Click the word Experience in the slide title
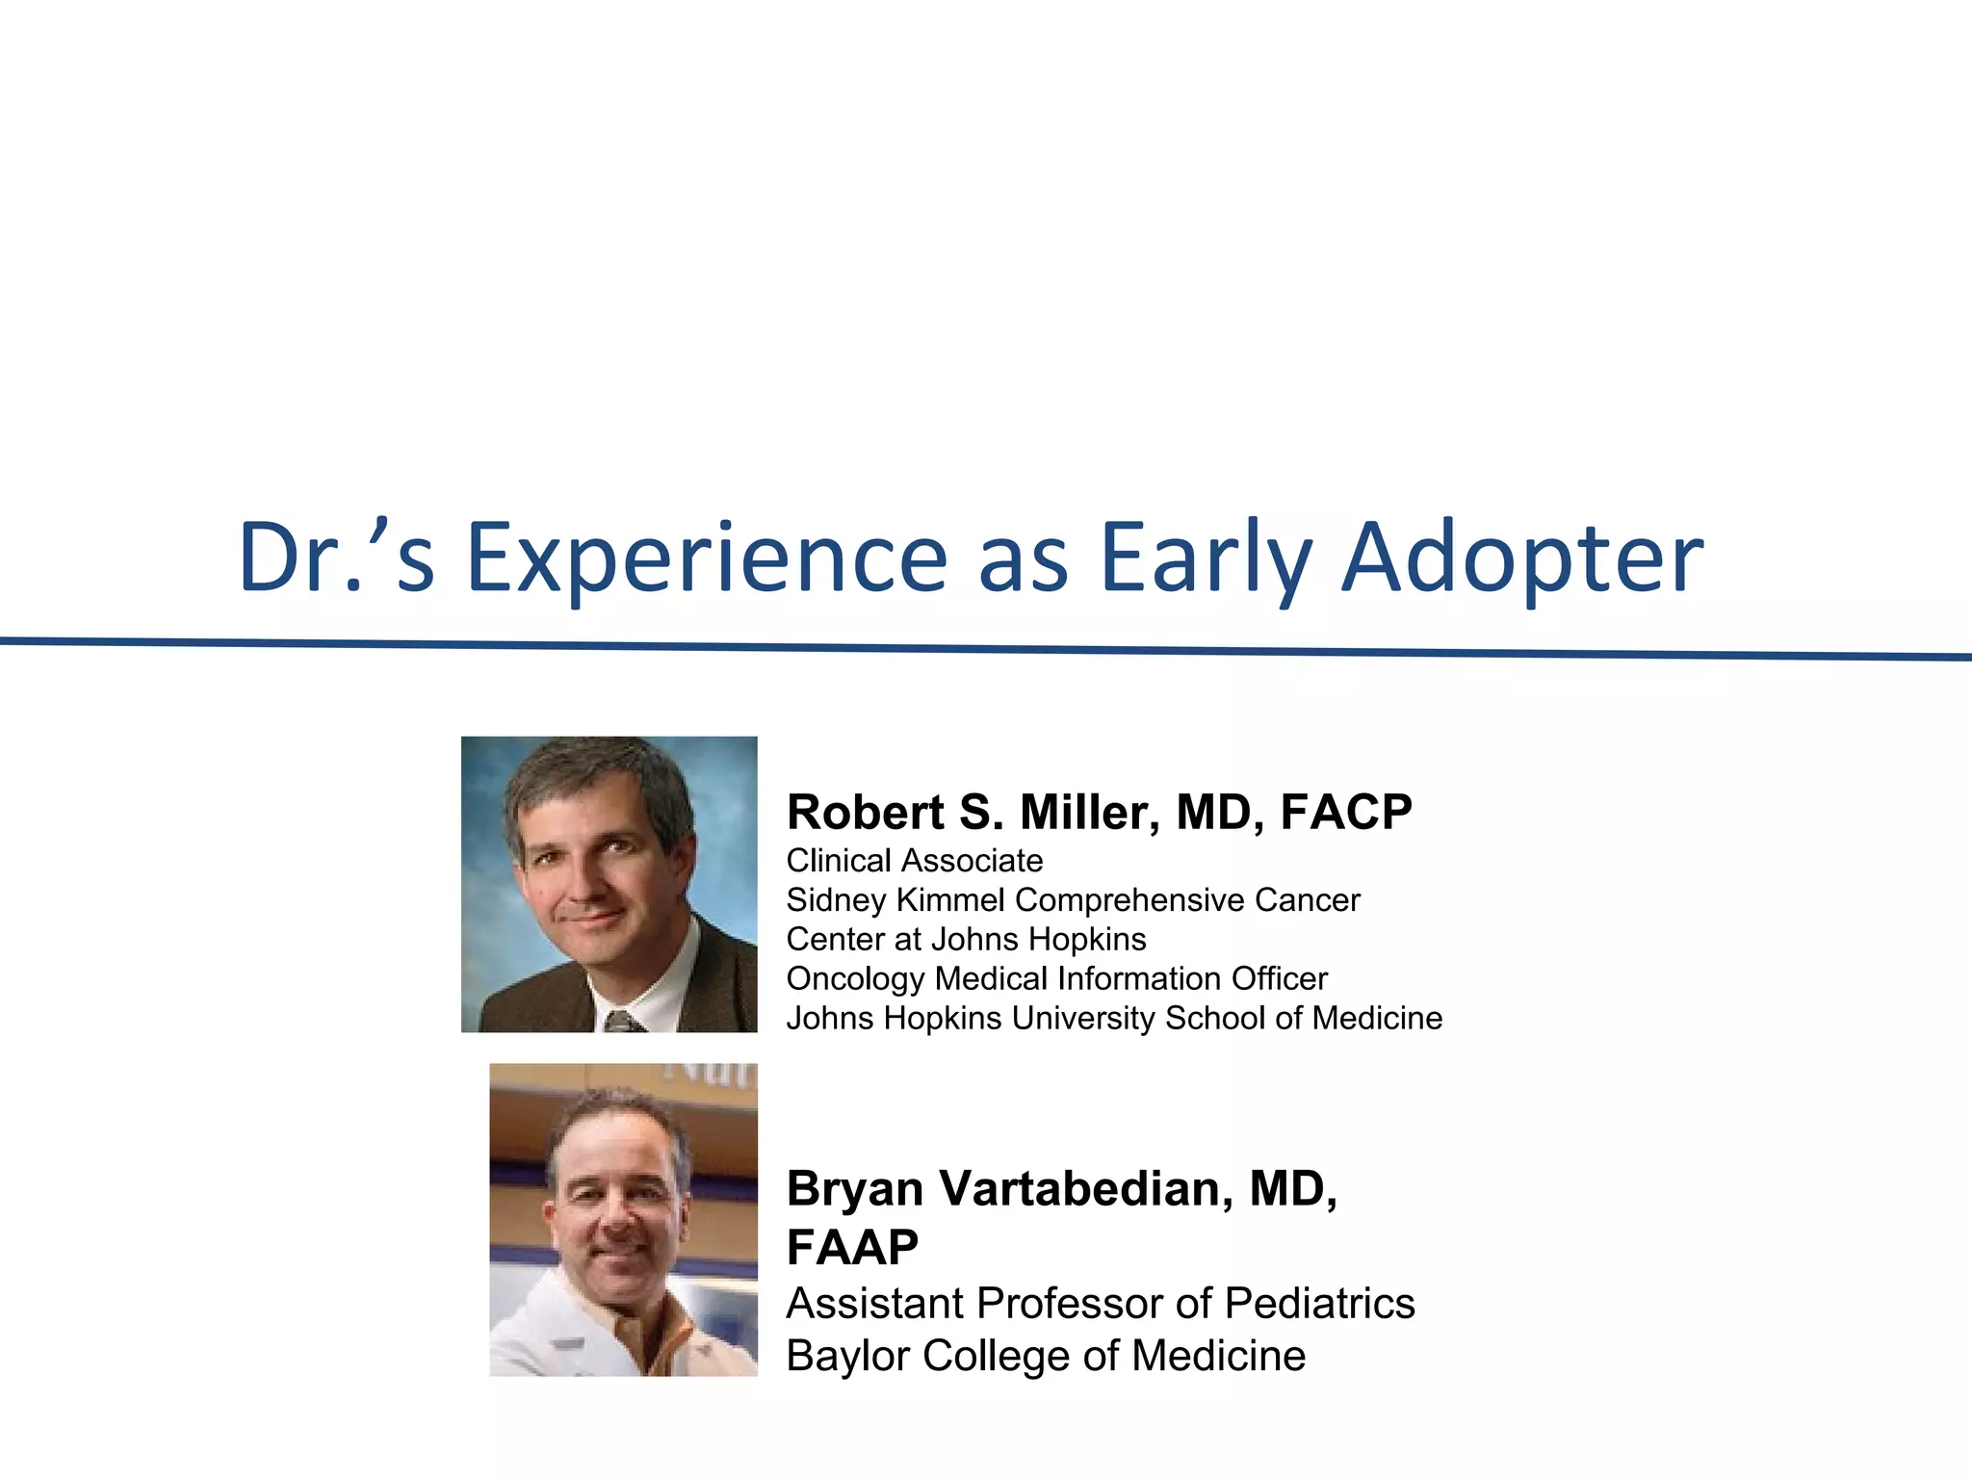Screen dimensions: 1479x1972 click(708, 558)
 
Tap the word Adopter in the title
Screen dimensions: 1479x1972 click(1521, 558)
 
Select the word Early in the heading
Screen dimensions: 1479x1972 click(1206, 558)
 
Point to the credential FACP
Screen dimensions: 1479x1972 click(1345, 812)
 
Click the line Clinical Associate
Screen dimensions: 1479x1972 click(914, 860)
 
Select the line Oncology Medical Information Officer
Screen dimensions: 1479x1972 click(1056, 978)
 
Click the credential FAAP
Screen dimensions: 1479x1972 click(852, 1248)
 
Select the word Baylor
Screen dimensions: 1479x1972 click(848, 1356)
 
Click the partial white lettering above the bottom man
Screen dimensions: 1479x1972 click(713, 1072)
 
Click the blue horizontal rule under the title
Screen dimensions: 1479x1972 click(986, 649)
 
